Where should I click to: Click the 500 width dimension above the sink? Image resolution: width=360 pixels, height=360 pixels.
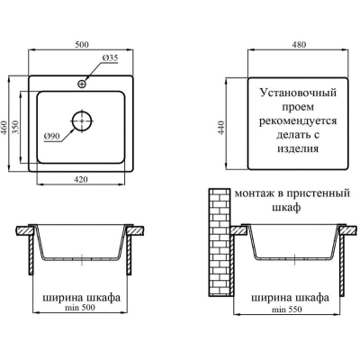pyautogui.click(x=82, y=44)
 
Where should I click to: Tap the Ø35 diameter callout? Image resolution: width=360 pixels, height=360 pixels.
pyautogui.click(x=110, y=58)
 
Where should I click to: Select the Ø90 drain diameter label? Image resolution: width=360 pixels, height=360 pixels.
pyautogui.click(x=51, y=136)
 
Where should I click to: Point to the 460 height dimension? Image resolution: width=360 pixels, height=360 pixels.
pyautogui.click(x=4, y=128)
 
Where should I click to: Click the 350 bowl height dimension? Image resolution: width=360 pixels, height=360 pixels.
pyautogui.click(x=15, y=127)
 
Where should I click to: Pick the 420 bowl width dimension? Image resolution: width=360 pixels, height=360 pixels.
pyautogui.click(x=81, y=179)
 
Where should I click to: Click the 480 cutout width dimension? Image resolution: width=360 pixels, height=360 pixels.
pyautogui.click(x=299, y=44)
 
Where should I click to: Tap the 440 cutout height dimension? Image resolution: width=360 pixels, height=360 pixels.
pyautogui.click(x=221, y=128)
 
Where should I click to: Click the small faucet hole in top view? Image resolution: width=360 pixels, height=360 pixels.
pyautogui.click(x=82, y=84)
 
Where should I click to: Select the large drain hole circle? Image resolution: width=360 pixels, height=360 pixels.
pyautogui.click(x=82, y=121)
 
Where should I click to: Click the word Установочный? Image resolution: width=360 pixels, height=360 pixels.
pyautogui.click(x=298, y=93)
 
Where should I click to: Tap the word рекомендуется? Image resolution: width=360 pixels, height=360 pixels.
pyautogui.click(x=298, y=121)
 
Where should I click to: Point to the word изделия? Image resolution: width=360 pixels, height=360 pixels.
pyautogui.click(x=298, y=148)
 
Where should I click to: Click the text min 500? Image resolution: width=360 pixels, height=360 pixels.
pyautogui.click(x=79, y=307)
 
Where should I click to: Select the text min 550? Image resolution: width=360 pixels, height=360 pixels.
pyautogui.click(x=287, y=310)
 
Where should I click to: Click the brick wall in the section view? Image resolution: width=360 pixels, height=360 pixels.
pyautogui.click(x=220, y=242)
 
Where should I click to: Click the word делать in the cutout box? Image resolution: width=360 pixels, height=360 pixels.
pyautogui.click(x=291, y=135)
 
